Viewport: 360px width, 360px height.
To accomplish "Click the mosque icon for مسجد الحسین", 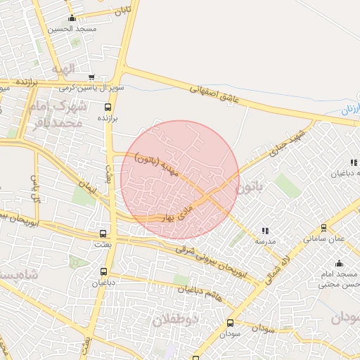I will tap(72, 18).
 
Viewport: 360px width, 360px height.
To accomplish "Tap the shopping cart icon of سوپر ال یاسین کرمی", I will tap(91, 77).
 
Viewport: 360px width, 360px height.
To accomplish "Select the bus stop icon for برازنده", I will tap(108, 108).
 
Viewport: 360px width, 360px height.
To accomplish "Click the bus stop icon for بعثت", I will tap(103, 233).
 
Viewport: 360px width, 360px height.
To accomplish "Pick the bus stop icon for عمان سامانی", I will tap(323, 228).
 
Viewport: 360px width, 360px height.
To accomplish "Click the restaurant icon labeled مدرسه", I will tap(265, 231).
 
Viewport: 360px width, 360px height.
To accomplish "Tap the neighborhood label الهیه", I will tap(63, 70).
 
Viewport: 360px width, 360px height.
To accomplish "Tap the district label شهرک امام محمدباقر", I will tap(58, 115).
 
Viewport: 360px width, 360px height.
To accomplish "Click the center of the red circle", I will tap(180, 179).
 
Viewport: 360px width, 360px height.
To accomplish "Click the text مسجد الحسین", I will tap(72, 30).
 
